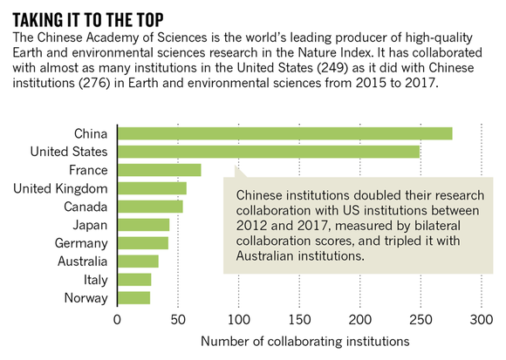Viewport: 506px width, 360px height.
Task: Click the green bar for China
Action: click(x=285, y=133)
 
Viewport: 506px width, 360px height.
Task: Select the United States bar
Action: click(x=269, y=152)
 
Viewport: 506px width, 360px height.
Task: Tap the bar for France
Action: click(x=160, y=170)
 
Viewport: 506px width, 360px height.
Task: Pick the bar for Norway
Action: click(x=134, y=298)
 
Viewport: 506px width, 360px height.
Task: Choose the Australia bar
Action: click(x=138, y=262)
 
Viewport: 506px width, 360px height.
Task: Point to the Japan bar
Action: click(x=144, y=225)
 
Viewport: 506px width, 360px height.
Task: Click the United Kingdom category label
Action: click(x=60, y=189)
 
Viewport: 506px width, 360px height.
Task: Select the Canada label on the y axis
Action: click(x=85, y=207)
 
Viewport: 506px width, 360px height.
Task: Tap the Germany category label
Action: click(x=81, y=244)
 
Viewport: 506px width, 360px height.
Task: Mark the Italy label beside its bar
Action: click(x=95, y=280)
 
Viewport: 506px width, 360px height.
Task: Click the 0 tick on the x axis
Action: click(x=117, y=320)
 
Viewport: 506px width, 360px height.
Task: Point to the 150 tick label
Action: click(x=299, y=320)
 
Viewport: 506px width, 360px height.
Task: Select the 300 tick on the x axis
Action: click(x=482, y=320)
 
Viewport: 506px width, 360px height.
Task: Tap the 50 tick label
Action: click(x=178, y=320)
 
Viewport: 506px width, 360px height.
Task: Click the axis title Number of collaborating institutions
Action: click(x=305, y=342)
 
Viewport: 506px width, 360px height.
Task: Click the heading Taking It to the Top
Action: click(x=88, y=20)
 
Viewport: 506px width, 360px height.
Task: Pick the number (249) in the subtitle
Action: click(x=332, y=68)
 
